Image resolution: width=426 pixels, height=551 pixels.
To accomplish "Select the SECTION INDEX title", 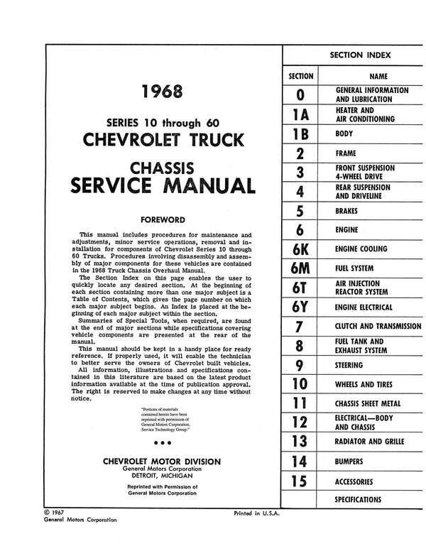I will (360, 55).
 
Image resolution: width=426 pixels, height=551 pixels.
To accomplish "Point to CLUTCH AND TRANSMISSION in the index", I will (378, 327).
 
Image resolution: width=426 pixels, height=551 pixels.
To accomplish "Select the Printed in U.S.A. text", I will (257, 513).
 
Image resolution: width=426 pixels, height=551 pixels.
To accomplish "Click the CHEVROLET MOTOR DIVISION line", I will (162, 460).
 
